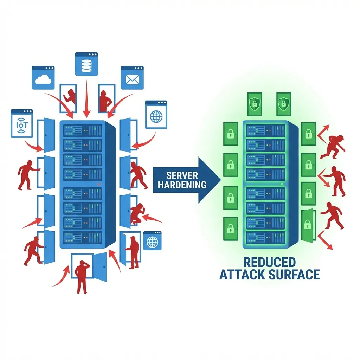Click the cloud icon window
click(43, 77)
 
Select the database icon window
click(86, 64)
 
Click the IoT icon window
click(21, 123)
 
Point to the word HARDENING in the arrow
click(182, 185)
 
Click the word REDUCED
click(269, 262)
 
